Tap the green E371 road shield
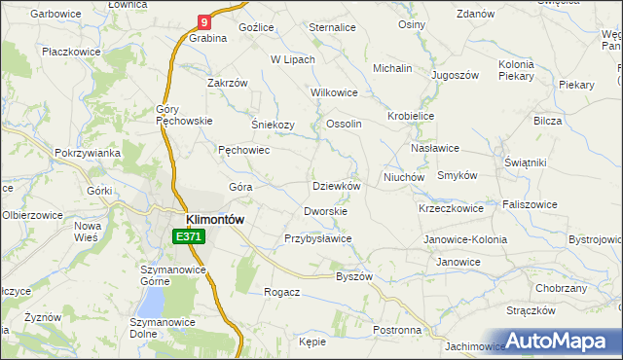[189, 236]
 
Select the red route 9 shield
[203, 20]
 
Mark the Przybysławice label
[317, 238]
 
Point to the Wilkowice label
[334, 92]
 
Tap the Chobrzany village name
[561, 288]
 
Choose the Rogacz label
[281, 291]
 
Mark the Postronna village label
[397, 330]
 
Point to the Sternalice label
[332, 28]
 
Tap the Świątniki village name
[522, 162]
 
